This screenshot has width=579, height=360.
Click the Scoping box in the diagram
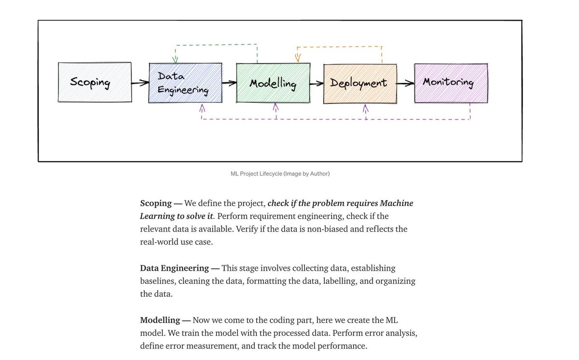coord(94,83)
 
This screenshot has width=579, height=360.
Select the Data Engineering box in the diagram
coord(185,83)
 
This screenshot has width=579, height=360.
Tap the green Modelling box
coord(273,83)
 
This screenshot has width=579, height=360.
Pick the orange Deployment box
coord(360,83)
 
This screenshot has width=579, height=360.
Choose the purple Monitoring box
coord(451,83)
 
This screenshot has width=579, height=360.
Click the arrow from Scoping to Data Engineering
coord(140,83)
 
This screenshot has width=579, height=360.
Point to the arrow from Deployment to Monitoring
coord(405,83)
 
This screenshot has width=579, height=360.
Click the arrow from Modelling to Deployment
coord(316,83)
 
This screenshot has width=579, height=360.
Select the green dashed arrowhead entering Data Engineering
coord(175,59)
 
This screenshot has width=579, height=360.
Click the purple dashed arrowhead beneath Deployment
coord(365,108)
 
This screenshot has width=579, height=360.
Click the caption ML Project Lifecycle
coord(280,174)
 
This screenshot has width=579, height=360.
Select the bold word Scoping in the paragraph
coord(156,203)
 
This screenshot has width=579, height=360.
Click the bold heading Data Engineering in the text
coord(174,268)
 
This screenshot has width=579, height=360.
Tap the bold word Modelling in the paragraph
coord(160,320)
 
